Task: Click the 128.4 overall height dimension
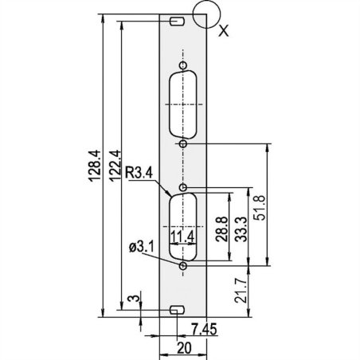coord(95,166)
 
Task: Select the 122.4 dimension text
coord(115,166)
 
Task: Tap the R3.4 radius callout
coord(139,174)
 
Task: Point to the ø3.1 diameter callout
coord(141,247)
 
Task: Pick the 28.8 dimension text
coord(221,229)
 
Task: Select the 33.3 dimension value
coord(241,229)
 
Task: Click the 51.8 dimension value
coord(260,208)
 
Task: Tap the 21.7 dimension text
coord(241,291)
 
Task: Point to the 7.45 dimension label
coord(205,329)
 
